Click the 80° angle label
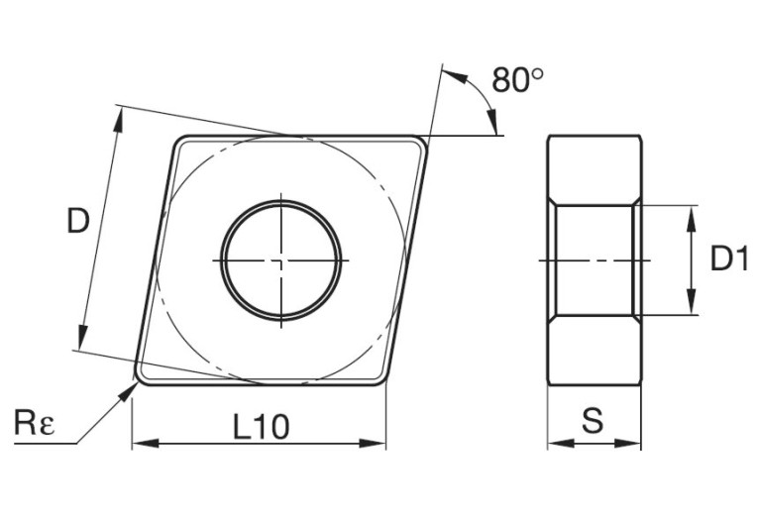pos(517,80)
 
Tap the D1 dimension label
pos(728,259)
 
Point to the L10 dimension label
pos(261,427)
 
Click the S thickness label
pos(593,422)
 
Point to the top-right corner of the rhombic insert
pos(423,141)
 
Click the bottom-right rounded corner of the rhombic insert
pos(380,380)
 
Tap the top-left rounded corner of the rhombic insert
pos(179,142)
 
